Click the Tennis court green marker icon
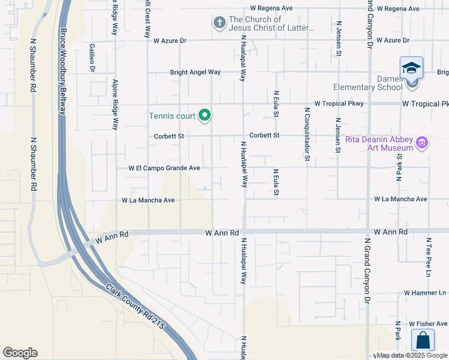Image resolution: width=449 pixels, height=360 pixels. click(x=205, y=115)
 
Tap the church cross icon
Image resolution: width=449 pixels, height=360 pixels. click(x=220, y=23)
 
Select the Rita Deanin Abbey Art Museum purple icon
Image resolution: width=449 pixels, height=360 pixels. click(x=422, y=143)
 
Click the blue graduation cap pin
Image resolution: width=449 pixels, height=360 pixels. click(x=411, y=68)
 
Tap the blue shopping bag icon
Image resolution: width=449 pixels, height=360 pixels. click(x=423, y=340)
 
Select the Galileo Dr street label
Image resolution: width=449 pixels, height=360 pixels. click(x=92, y=58)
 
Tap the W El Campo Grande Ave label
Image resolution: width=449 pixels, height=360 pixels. click(x=164, y=169)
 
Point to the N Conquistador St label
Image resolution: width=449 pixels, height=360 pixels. click(x=307, y=135)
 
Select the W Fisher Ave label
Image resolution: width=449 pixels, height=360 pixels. click(x=428, y=323)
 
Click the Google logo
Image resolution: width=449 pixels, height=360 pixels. click(x=20, y=352)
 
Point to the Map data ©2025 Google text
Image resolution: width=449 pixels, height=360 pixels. click(x=412, y=355)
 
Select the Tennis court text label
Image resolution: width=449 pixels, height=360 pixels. click(x=173, y=115)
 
